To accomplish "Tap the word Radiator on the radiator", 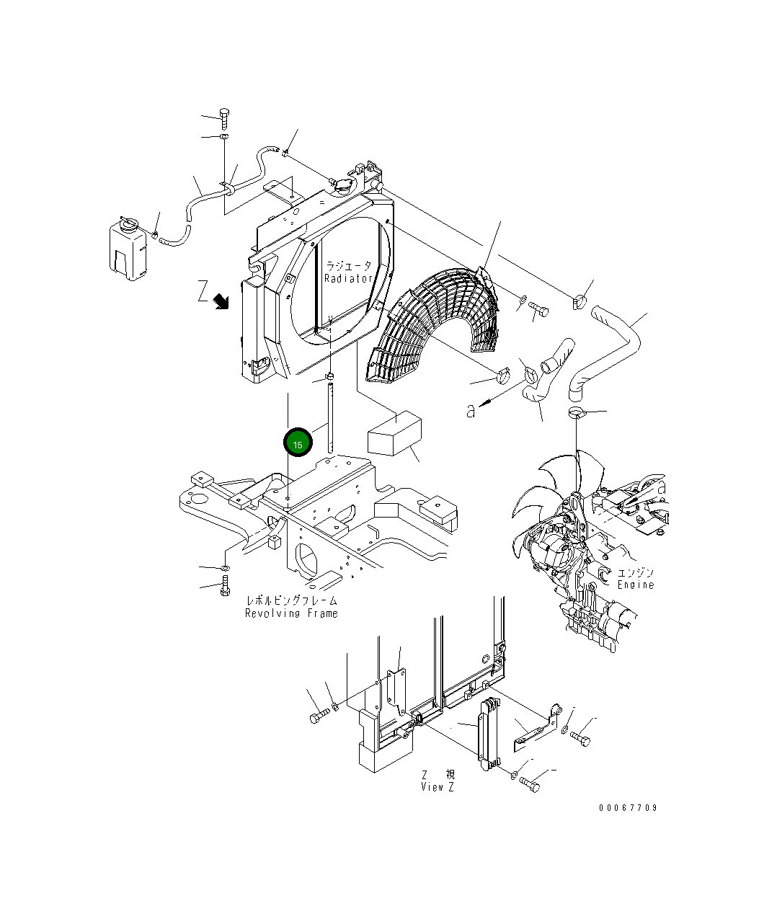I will pyautogui.click(x=348, y=278).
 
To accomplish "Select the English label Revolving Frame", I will pyautogui.click(x=290, y=613).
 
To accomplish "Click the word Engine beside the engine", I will pyautogui.click(x=635, y=585).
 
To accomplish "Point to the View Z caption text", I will pyautogui.click(x=438, y=787).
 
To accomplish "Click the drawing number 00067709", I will pyautogui.click(x=627, y=808).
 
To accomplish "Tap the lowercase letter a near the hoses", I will pyautogui.click(x=471, y=411).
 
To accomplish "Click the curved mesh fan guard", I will pyautogui.click(x=432, y=324).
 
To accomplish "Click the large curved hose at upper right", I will pyautogui.click(x=613, y=346).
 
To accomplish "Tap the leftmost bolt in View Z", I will pyautogui.click(x=318, y=718).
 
